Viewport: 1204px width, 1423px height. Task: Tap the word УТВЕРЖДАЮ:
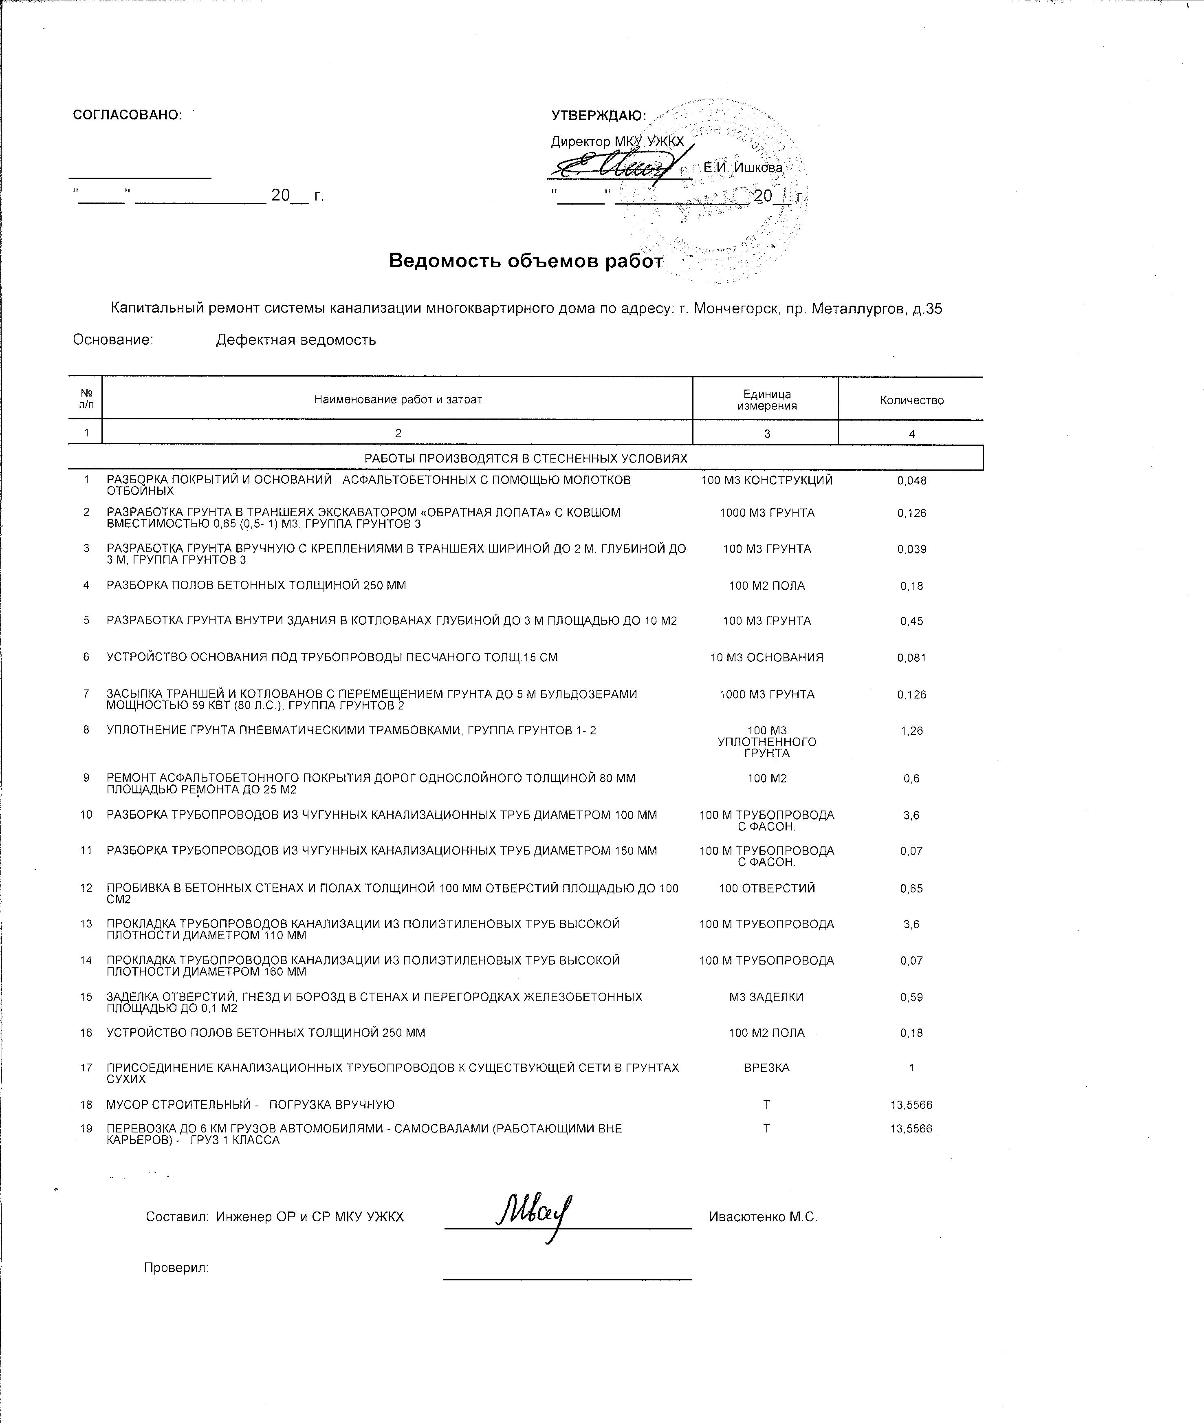[x=599, y=116]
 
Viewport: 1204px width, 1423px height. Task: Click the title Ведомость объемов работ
[x=526, y=261]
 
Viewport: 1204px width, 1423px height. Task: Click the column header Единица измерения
[x=766, y=400]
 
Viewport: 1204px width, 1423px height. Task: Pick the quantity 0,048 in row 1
[x=911, y=480]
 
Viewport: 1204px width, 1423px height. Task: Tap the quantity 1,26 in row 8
[x=911, y=731]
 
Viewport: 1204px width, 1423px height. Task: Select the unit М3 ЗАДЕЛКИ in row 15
[x=766, y=997]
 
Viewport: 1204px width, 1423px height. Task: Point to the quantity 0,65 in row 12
[x=911, y=889]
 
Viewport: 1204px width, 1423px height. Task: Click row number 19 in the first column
[x=86, y=1128]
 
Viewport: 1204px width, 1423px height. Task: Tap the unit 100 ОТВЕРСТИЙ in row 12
[x=766, y=889]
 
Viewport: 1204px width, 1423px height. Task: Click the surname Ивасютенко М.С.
[x=762, y=1217]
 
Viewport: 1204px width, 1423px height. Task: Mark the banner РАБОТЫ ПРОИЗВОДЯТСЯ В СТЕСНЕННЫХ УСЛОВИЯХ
[x=526, y=458]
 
